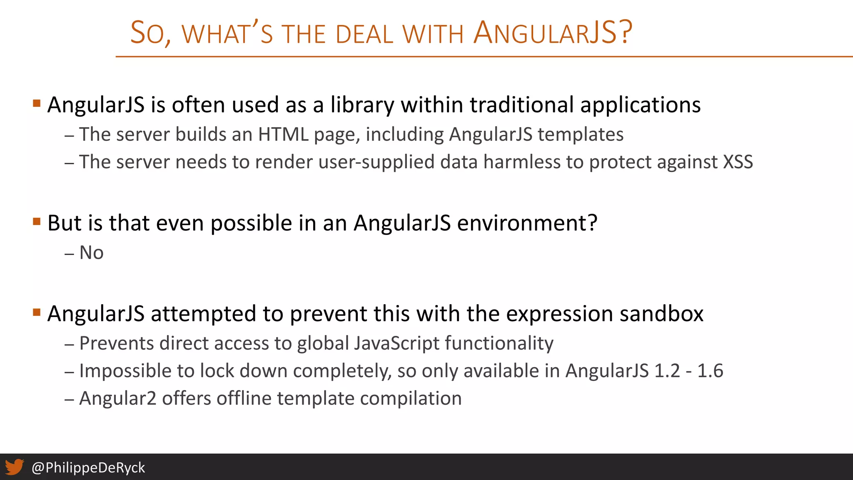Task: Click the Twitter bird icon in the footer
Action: coord(15,467)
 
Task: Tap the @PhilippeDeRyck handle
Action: coord(88,467)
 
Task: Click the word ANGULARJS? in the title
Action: coord(553,33)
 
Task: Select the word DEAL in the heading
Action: coord(364,34)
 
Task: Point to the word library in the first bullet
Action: coord(362,105)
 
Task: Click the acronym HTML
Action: coord(283,135)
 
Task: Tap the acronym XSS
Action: coord(738,162)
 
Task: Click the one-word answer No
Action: coord(91,252)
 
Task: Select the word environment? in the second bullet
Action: coord(527,223)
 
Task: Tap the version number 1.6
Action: coord(710,371)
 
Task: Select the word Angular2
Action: coord(118,398)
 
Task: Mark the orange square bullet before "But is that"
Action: coord(37,221)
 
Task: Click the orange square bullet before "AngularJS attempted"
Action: coord(37,312)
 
